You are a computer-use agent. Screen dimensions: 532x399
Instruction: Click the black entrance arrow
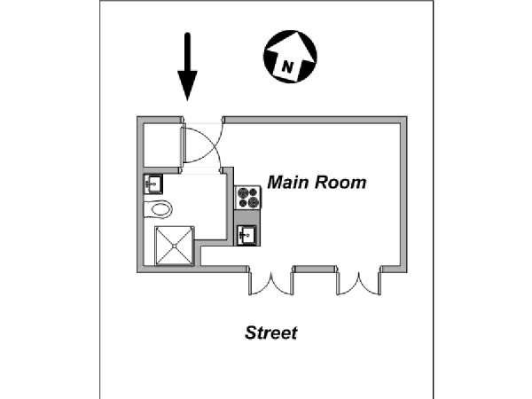pos(187,66)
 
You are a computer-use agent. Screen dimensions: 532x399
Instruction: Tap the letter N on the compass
pos(287,67)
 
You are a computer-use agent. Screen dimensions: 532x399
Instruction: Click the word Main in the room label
pos(289,182)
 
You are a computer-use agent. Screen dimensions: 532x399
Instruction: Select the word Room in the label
pos(340,183)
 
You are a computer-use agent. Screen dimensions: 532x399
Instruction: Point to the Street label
pos(271,332)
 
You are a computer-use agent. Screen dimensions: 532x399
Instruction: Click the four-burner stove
pos(248,198)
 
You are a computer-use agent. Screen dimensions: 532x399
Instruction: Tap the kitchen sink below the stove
pos(247,235)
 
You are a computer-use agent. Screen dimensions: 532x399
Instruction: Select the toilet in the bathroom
pos(159,209)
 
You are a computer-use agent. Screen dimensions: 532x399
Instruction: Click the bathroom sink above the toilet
pos(153,184)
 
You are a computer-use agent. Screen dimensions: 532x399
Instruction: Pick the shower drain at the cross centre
pos(175,246)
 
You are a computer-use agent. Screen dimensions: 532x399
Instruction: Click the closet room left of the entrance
pos(161,145)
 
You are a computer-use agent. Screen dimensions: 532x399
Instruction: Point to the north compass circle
pos(290,57)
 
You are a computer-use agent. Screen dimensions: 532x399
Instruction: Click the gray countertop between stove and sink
pos(247,217)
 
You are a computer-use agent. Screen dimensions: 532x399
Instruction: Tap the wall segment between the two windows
pos(315,269)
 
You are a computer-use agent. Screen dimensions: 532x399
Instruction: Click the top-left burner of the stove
pos(242,193)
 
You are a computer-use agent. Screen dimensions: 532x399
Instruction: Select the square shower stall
pos(175,246)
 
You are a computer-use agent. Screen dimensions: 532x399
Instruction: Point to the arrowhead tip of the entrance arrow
pos(187,101)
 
